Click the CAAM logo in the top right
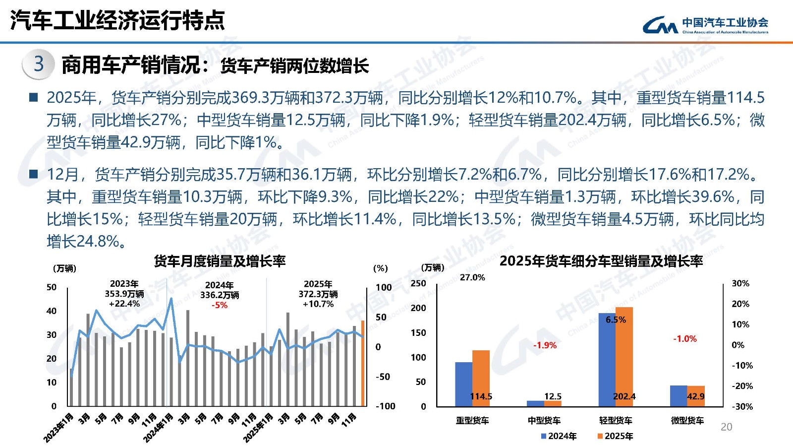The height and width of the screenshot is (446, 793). point(705,24)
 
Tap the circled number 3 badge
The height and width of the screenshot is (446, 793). point(39,64)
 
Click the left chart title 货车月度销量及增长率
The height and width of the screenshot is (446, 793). point(220,261)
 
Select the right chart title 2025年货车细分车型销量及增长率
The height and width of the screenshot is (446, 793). point(601,261)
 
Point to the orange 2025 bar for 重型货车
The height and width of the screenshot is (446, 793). point(481,378)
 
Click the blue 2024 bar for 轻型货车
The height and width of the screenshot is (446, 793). point(607,360)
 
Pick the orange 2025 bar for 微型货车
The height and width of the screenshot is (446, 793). point(696,396)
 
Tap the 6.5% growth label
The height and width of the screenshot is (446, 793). point(616,319)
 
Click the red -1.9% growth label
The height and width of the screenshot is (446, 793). point(545,345)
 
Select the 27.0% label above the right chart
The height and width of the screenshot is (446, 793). point(472,277)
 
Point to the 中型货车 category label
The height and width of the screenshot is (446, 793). point(544,421)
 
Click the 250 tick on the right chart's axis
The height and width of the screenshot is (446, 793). point(418,283)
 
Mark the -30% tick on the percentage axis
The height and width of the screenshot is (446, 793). point(742,406)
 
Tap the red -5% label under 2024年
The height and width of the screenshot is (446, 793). point(219,305)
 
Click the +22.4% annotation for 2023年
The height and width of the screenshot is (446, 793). point(124,304)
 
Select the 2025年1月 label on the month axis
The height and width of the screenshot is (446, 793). point(259,427)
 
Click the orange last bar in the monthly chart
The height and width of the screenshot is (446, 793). point(363,363)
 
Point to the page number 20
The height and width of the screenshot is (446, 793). point(726,427)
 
